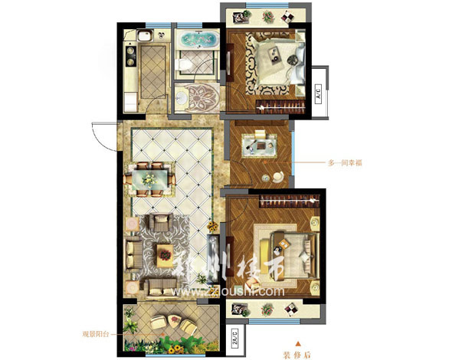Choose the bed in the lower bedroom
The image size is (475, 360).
(x=288, y=247)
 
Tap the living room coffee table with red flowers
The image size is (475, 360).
(x=164, y=252)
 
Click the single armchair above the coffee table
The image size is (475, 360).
(x=162, y=223)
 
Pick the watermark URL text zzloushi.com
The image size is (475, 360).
(x=223, y=290)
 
